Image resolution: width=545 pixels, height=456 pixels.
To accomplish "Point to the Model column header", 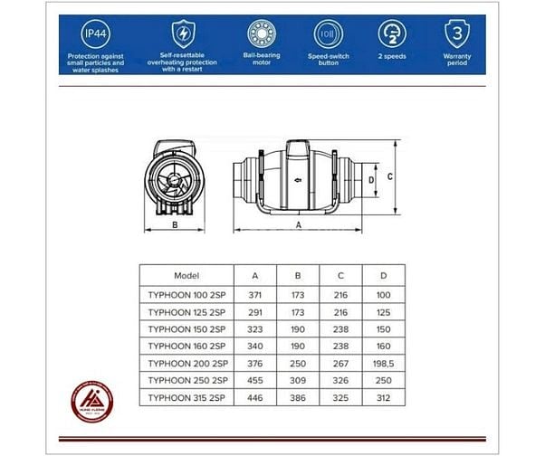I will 186,274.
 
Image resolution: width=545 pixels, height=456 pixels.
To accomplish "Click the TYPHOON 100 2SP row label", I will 186,294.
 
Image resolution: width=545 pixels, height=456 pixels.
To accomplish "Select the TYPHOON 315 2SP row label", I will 186,396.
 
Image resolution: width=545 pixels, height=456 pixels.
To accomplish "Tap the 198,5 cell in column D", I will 385,362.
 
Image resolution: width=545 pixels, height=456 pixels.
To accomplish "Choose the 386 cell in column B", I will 297,396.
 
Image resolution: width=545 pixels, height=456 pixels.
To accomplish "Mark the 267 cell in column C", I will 340,362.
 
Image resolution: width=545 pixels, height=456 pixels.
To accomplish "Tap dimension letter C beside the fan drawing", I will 389,177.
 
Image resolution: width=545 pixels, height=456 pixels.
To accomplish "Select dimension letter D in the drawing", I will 370,180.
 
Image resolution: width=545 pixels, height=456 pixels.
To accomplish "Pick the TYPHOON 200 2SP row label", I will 186,362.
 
